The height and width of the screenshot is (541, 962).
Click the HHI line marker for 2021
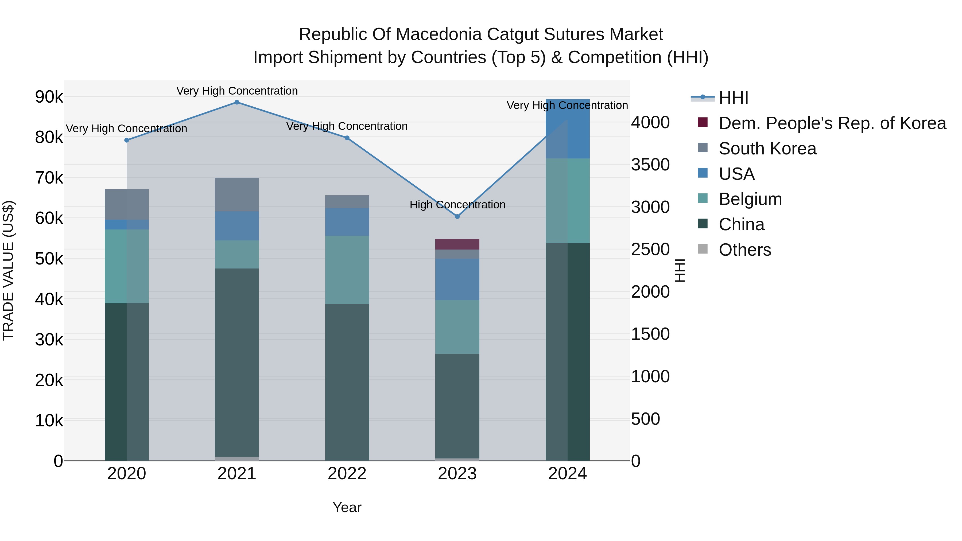pyautogui.click(x=237, y=102)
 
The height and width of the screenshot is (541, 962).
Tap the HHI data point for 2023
pyautogui.click(x=457, y=217)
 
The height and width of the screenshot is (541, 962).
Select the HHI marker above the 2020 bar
pyautogui.click(x=127, y=140)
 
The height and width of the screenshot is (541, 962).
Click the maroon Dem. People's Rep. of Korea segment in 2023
pyautogui.click(x=457, y=244)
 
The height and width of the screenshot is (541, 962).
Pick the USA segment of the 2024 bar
pyautogui.click(x=567, y=129)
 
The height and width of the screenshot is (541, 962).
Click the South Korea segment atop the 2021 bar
pyautogui.click(x=237, y=194)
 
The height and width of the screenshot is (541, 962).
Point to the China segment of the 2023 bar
pyautogui.click(x=457, y=406)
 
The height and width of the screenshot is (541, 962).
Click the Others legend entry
pyautogui.click(x=745, y=250)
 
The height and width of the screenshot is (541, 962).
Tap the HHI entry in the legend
pyautogui.click(x=733, y=98)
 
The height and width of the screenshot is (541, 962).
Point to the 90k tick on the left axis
pyautogui.click(x=49, y=97)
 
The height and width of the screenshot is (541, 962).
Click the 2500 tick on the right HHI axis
pyautogui.click(x=650, y=250)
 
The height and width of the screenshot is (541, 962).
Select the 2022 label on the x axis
pyautogui.click(x=347, y=474)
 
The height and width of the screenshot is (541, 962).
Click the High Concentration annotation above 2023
pyautogui.click(x=457, y=205)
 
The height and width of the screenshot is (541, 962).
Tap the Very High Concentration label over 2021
pyautogui.click(x=237, y=91)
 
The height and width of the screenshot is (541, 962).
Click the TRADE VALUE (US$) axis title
pyautogui.click(x=8, y=270)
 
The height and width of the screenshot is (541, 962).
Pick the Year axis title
pyautogui.click(x=347, y=507)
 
